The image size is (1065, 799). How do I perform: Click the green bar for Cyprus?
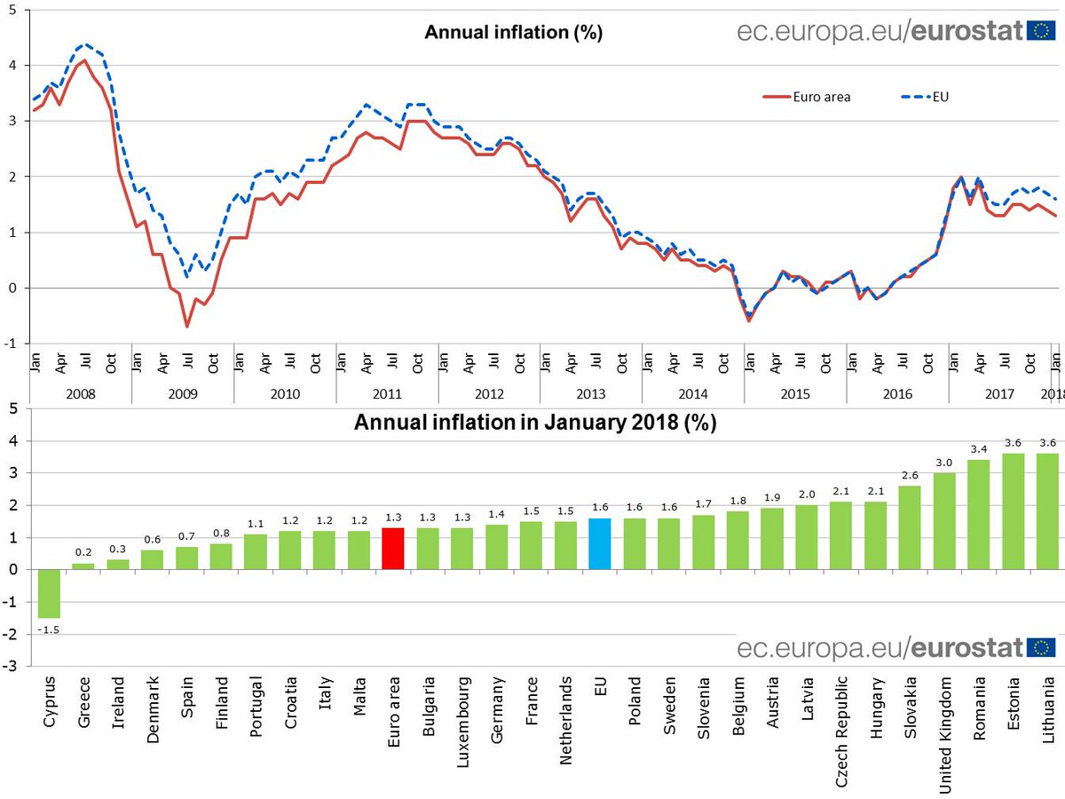pyautogui.click(x=49, y=593)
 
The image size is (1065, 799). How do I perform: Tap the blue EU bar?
pyautogui.click(x=600, y=544)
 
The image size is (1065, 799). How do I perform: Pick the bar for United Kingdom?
pyautogui.click(x=944, y=521)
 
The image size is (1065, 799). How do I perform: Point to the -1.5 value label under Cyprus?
pyautogui.click(x=49, y=629)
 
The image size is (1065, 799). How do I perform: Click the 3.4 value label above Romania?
pyautogui.click(x=979, y=449)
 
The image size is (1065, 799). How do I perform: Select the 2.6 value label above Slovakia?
pyautogui.click(x=910, y=475)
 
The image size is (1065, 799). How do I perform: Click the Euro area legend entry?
pyautogui.click(x=808, y=97)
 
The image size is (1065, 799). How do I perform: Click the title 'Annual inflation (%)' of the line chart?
pyautogui.click(x=514, y=33)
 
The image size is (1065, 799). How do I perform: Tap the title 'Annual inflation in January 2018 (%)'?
pyautogui.click(x=535, y=423)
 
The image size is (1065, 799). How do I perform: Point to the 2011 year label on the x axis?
pyautogui.click(x=387, y=393)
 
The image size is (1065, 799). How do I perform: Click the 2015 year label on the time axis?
pyautogui.click(x=795, y=393)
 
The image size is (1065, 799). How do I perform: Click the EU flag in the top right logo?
pyautogui.click(x=1041, y=31)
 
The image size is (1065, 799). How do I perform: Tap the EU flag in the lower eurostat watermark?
pyautogui.click(x=1041, y=647)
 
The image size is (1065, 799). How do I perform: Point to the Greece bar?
pyautogui.click(x=83, y=566)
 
